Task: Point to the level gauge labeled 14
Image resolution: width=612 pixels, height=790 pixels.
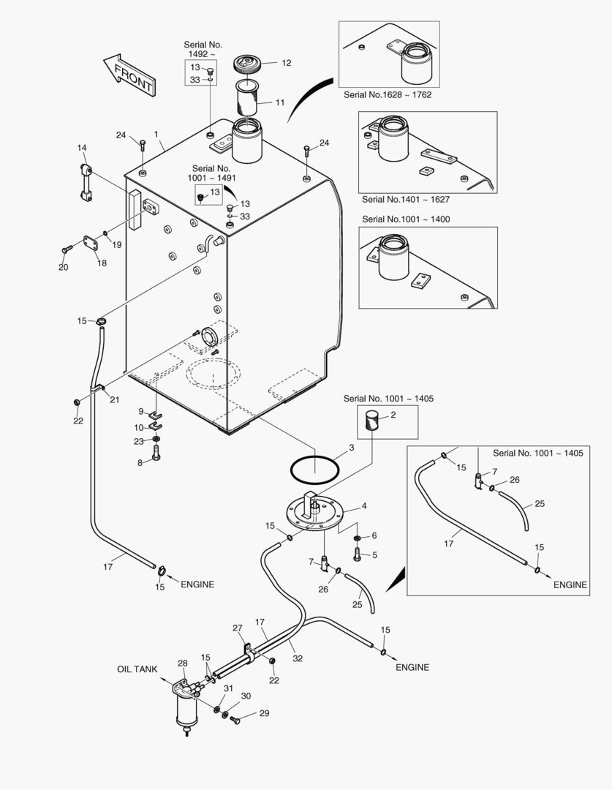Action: coord(85,180)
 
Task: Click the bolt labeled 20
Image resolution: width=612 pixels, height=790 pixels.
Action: coord(67,250)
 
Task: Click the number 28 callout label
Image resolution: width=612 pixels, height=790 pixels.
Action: coord(182,663)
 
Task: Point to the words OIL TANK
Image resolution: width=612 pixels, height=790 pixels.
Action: coord(137,669)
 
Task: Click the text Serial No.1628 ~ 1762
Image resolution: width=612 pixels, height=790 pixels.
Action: coord(386,94)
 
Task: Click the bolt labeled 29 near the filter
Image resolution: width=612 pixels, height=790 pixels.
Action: coord(235,720)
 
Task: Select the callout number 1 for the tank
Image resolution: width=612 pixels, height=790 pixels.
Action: coord(156,135)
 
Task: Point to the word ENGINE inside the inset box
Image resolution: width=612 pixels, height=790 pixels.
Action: coord(570,584)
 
